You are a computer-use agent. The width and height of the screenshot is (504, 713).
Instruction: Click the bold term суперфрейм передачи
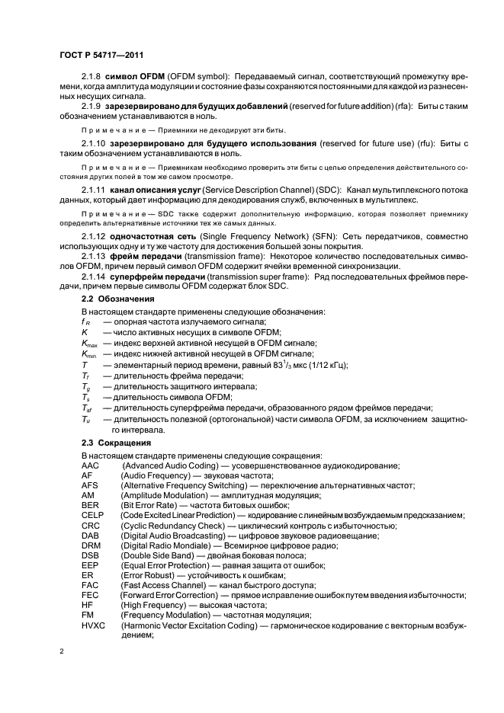[158, 276]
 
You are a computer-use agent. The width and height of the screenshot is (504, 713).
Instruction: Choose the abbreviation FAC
[90, 586]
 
